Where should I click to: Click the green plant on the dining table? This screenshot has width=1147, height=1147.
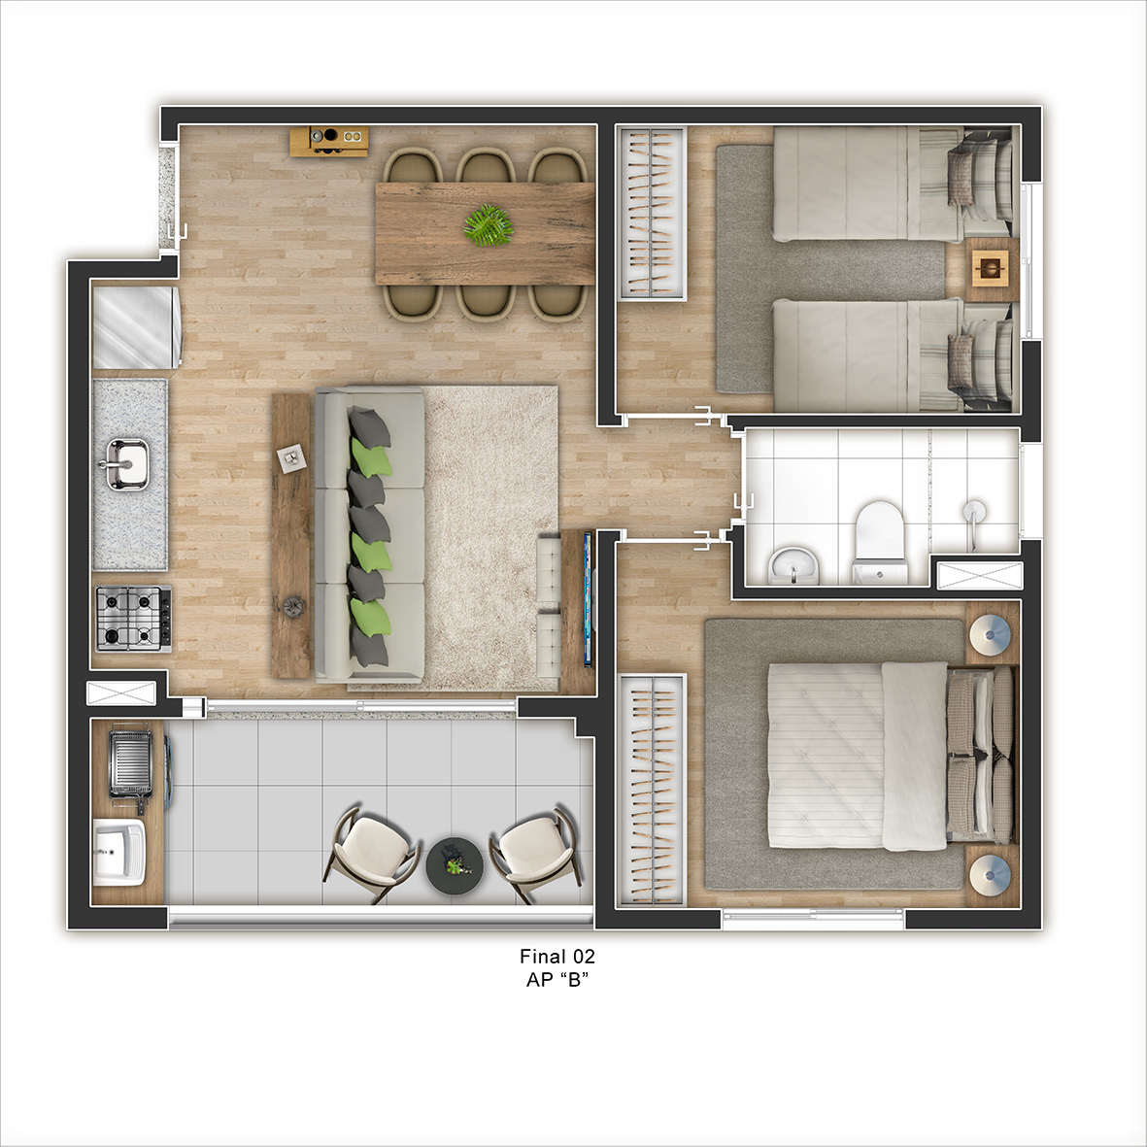[x=488, y=224]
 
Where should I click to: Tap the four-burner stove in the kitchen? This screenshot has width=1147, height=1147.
[x=134, y=618]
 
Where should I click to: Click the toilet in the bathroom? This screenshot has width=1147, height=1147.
[x=880, y=541]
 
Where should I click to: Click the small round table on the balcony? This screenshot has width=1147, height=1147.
[x=455, y=865]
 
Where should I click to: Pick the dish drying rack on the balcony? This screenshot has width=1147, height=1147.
[x=131, y=763]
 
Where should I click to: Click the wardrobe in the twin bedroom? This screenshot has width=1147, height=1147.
[x=653, y=213]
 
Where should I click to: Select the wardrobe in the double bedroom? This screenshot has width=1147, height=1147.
[x=652, y=790]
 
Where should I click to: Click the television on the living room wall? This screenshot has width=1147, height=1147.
[x=588, y=600]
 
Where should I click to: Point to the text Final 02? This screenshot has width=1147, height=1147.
[x=557, y=956]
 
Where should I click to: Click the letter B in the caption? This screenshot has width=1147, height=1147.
[x=574, y=980]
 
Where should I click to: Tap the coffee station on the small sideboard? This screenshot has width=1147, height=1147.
[x=328, y=141]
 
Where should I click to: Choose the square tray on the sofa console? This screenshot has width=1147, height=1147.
[x=290, y=457]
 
